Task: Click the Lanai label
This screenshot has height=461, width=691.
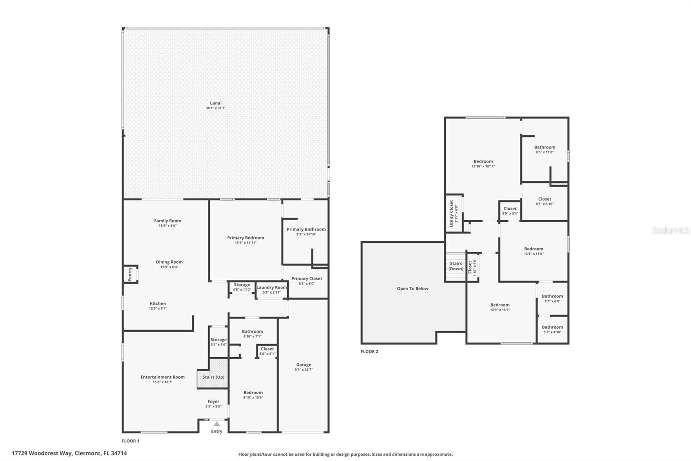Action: tap(216, 103)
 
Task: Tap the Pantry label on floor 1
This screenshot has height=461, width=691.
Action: tap(130, 275)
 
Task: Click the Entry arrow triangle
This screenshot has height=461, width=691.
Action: tap(216, 424)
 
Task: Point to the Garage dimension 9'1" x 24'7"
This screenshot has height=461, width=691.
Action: tap(304, 370)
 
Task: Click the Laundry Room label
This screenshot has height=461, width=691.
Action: tap(271, 288)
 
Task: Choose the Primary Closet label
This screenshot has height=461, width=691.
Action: tap(307, 279)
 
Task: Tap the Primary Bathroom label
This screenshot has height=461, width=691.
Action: tap(306, 230)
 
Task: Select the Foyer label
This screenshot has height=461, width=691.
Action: tap(213, 402)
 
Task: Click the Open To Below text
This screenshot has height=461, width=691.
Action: tap(412, 288)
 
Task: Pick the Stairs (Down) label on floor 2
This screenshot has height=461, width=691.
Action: tap(456, 266)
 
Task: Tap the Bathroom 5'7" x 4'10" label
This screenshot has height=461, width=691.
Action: tap(552, 327)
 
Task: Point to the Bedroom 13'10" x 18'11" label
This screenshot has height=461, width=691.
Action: tap(483, 162)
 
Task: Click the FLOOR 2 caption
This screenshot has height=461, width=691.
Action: tap(369, 352)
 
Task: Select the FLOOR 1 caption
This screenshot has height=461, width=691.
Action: tap(130, 441)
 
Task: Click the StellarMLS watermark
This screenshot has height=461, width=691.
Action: tap(670, 231)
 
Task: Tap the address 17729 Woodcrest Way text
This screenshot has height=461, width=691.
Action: tap(69, 453)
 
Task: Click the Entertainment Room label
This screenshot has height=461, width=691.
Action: tap(162, 377)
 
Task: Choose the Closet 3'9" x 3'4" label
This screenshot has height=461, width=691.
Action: tap(510, 209)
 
